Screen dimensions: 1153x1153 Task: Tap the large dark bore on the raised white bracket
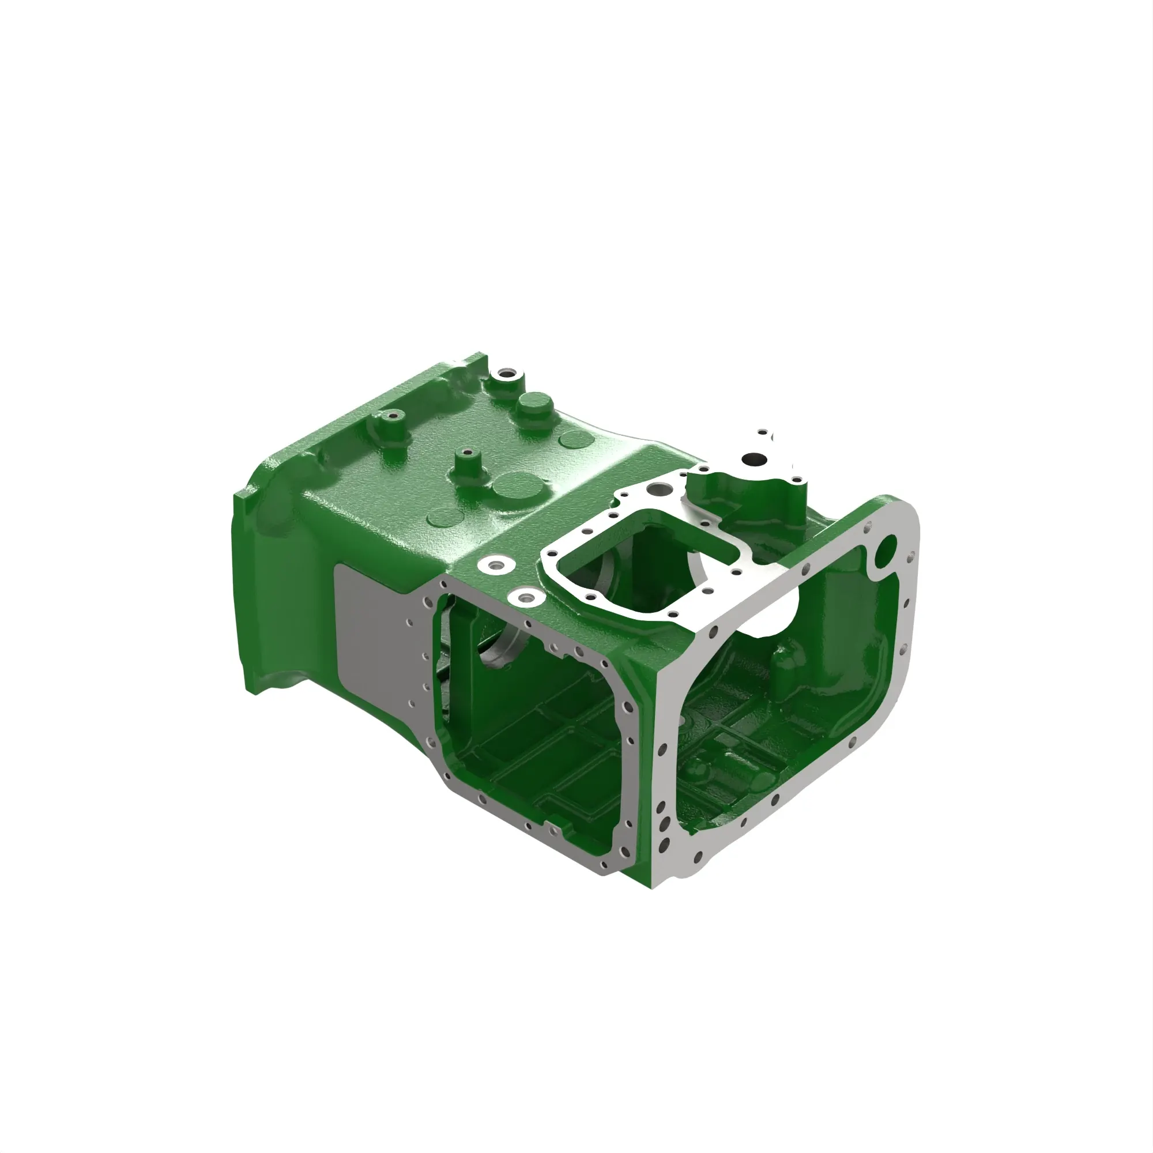tap(754, 460)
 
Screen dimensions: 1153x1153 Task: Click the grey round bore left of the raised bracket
tap(660, 489)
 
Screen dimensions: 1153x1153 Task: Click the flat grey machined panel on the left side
tap(370, 632)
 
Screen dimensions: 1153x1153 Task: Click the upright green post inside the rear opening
tap(786, 662)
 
